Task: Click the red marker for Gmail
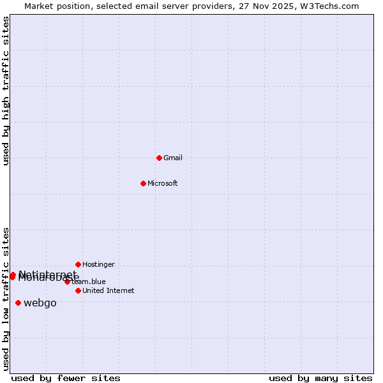[159, 158]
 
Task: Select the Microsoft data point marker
[143, 183]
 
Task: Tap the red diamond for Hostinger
[78, 264]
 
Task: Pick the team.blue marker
[67, 282]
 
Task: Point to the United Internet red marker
[78, 290]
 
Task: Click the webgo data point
[18, 303]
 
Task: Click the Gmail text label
[173, 158]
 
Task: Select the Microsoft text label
[163, 183]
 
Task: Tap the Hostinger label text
[98, 264]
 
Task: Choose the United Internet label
[109, 290]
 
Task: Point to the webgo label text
[40, 303]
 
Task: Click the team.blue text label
[89, 282]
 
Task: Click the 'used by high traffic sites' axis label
[6, 91]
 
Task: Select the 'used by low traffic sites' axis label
[6, 298]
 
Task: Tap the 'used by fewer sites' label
[66, 378]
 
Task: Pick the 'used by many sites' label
[320, 378]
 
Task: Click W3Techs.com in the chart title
[329, 6]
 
